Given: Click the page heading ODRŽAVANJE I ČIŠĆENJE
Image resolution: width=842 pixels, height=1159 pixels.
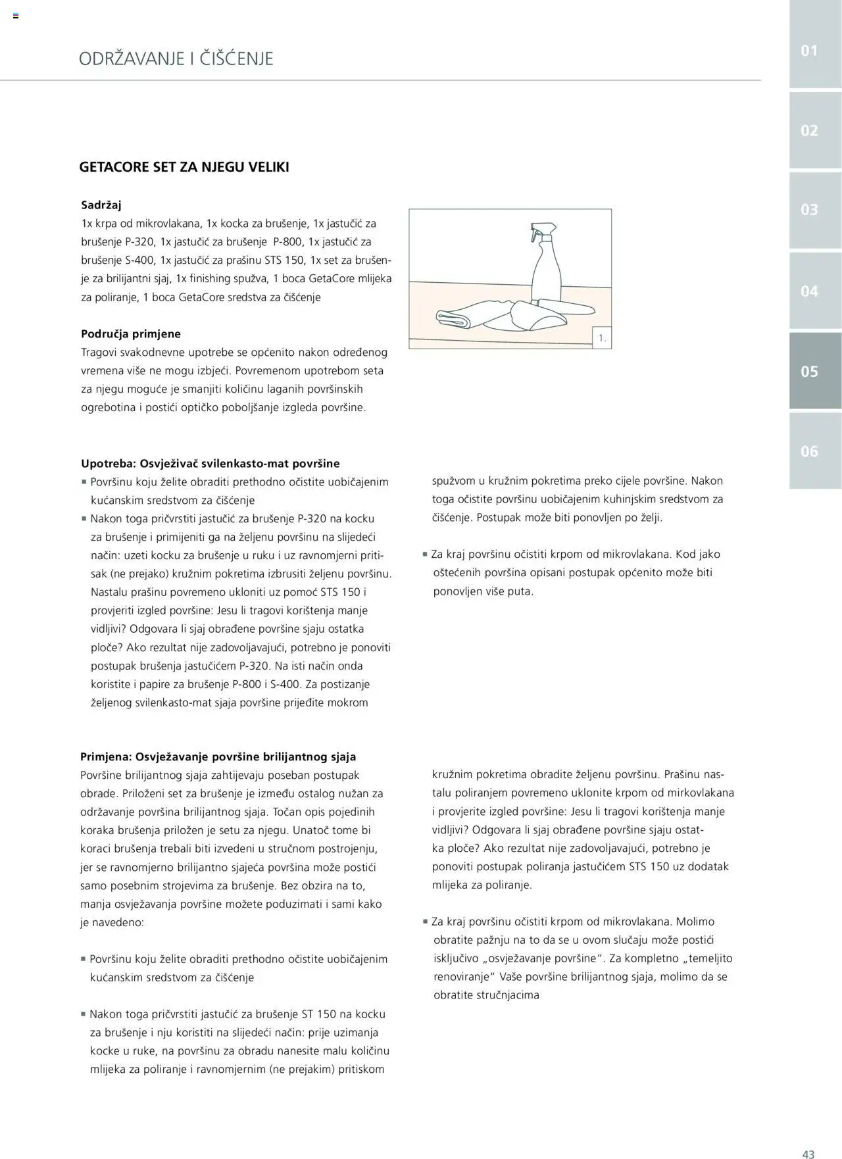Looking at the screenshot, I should click(x=176, y=59).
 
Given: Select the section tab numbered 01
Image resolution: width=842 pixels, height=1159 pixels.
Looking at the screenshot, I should click(x=809, y=51).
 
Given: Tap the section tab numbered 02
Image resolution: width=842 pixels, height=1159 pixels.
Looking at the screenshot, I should click(x=809, y=130).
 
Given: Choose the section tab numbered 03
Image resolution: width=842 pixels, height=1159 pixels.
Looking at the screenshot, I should click(x=809, y=210).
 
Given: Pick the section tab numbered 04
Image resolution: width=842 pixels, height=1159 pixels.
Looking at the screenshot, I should click(x=809, y=291).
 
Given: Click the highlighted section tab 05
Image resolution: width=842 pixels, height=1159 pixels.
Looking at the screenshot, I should click(x=809, y=371).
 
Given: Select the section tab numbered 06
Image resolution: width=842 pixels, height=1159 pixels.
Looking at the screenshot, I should click(x=809, y=451).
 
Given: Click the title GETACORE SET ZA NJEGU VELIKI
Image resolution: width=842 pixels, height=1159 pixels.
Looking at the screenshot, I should click(x=184, y=167).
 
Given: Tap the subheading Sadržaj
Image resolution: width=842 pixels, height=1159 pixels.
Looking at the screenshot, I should click(x=101, y=205).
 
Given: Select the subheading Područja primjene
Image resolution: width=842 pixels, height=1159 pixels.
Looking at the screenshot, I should click(x=131, y=333).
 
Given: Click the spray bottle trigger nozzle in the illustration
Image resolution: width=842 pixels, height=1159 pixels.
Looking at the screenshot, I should click(x=541, y=234).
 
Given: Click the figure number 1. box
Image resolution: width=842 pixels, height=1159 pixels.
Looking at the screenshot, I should click(x=602, y=338).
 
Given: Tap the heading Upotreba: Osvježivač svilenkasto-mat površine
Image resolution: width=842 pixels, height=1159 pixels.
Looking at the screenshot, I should click(x=210, y=463).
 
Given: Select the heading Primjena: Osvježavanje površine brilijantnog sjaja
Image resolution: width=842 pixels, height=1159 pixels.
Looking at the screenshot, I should click(x=218, y=756).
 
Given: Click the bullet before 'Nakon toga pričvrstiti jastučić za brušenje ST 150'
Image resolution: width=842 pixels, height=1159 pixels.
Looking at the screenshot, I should click(x=84, y=1014).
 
